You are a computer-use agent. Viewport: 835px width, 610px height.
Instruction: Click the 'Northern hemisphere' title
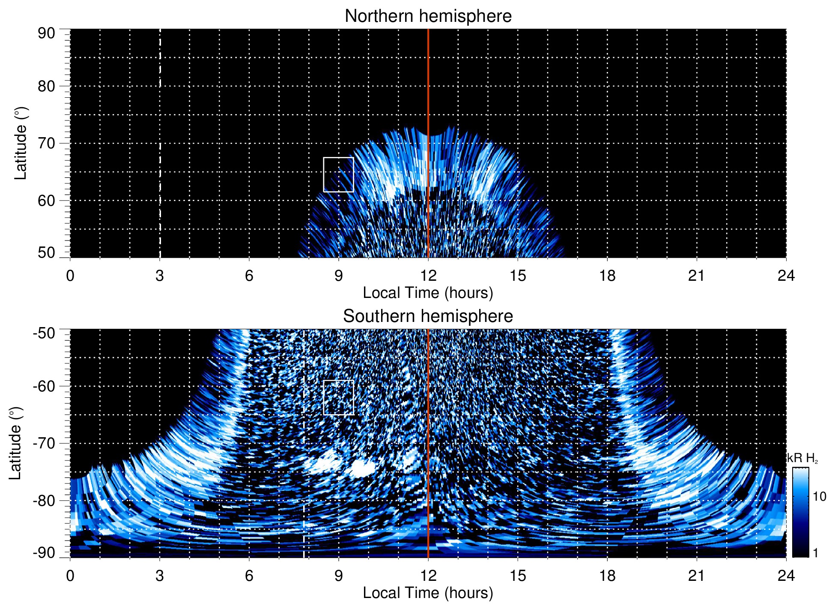[428, 16]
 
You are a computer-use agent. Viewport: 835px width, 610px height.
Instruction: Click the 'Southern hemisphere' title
[428, 316]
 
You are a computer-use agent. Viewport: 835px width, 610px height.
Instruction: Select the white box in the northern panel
[338, 174]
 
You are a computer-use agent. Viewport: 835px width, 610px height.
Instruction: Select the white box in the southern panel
[338, 397]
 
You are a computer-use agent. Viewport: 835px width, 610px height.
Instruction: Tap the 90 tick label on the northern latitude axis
[46, 33]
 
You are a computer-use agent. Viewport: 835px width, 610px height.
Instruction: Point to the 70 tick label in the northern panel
[46, 143]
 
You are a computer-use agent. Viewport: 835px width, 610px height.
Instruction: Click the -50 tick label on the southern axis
[44, 333]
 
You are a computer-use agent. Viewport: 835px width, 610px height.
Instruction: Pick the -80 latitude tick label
[44, 500]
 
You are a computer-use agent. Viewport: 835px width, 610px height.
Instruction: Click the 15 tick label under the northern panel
[518, 276]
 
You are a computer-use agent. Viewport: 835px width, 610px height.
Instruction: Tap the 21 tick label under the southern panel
[697, 576]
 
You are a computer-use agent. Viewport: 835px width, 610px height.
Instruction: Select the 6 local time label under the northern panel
[249, 276]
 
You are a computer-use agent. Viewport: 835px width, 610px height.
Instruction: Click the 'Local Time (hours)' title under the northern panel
[428, 293]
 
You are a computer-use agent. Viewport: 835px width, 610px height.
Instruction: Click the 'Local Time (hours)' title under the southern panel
[428, 593]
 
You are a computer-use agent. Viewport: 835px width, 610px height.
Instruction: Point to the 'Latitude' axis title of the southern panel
[15, 443]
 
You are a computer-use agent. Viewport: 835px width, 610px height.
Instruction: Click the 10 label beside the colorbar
[819, 496]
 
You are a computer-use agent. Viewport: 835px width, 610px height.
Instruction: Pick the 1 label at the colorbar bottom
[815, 553]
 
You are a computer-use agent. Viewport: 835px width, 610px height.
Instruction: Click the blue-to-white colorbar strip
[800, 512]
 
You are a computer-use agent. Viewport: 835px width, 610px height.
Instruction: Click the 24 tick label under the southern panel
[786, 576]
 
